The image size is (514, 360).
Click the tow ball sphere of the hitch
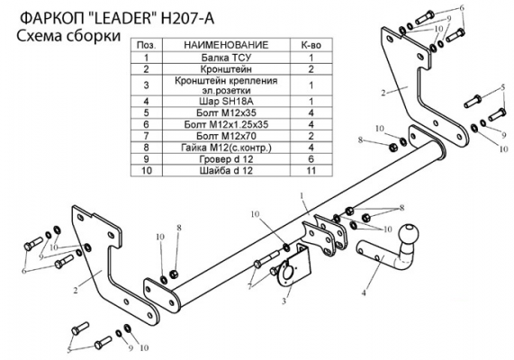(x=409, y=233)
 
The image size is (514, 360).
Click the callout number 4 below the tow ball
(x=364, y=292)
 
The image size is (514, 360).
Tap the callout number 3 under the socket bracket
(x=284, y=301)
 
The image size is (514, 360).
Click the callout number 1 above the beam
(x=302, y=195)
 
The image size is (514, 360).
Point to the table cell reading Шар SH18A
(x=226, y=102)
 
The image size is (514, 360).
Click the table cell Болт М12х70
(x=226, y=136)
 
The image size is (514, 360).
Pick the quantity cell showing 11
(x=311, y=170)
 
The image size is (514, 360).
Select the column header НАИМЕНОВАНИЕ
(x=226, y=45)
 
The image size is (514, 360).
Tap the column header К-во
(x=311, y=45)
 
